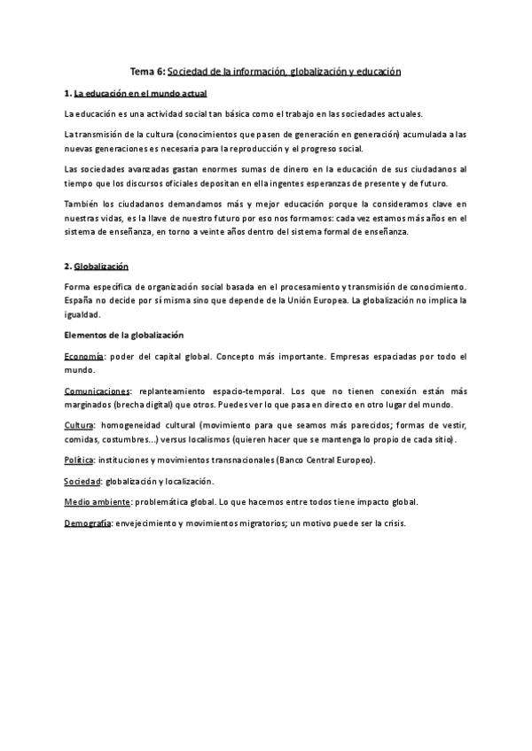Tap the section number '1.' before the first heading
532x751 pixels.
(68, 92)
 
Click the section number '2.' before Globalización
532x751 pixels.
(68, 266)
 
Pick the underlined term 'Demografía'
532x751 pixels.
(88, 523)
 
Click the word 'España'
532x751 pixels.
(80, 301)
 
